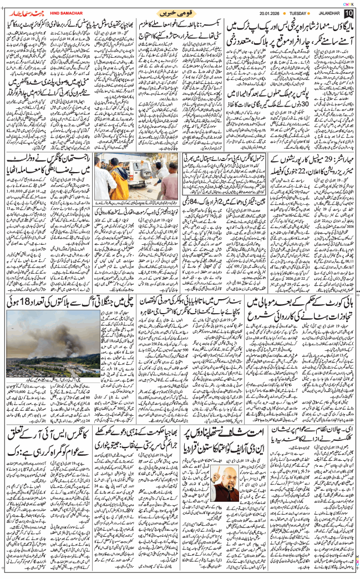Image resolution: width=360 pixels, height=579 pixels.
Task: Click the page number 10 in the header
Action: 348,13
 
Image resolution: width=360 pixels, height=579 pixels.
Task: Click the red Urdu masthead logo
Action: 21,12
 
